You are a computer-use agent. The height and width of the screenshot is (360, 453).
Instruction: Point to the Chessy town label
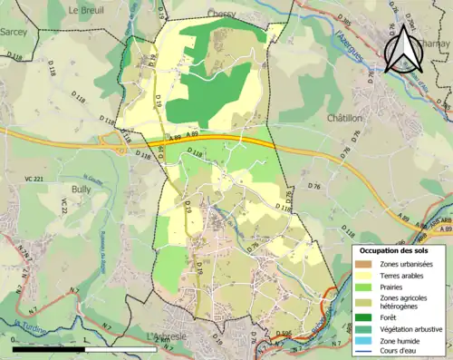pyautogui.click(x=221, y=14)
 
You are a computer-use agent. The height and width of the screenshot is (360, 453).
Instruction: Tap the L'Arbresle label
pyautogui.click(x=169, y=336)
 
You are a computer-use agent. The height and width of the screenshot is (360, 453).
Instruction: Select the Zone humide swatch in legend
pyautogui.click(x=365, y=340)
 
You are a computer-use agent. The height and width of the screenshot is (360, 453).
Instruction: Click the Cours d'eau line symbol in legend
pyautogui.click(x=365, y=351)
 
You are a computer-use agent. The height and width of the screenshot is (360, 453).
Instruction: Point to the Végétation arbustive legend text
pyautogui.click(x=411, y=327)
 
